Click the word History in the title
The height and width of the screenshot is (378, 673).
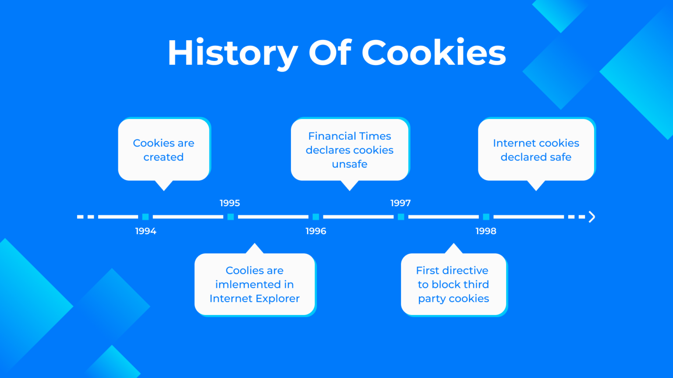point(232,53)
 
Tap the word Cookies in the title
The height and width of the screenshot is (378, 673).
point(433,52)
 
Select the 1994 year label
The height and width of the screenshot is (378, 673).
point(145,231)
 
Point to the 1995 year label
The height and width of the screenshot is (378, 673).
point(230,203)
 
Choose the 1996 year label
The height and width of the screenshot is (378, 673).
point(315,231)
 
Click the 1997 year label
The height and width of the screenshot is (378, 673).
point(400,203)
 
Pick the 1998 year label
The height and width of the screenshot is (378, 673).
point(486,231)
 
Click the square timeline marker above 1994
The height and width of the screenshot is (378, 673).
point(145,217)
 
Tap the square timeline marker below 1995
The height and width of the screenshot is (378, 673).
point(230,217)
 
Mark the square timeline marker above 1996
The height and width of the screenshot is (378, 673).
point(315,217)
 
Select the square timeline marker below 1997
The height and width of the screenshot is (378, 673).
point(401,217)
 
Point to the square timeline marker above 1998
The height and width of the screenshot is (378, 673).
point(486,217)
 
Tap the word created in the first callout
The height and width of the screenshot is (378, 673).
point(163,157)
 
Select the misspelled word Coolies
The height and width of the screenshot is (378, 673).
point(243,270)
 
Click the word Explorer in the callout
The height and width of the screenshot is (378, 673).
point(278,298)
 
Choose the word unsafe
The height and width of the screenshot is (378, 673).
point(350,164)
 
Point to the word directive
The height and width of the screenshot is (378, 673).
point(465,270)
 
